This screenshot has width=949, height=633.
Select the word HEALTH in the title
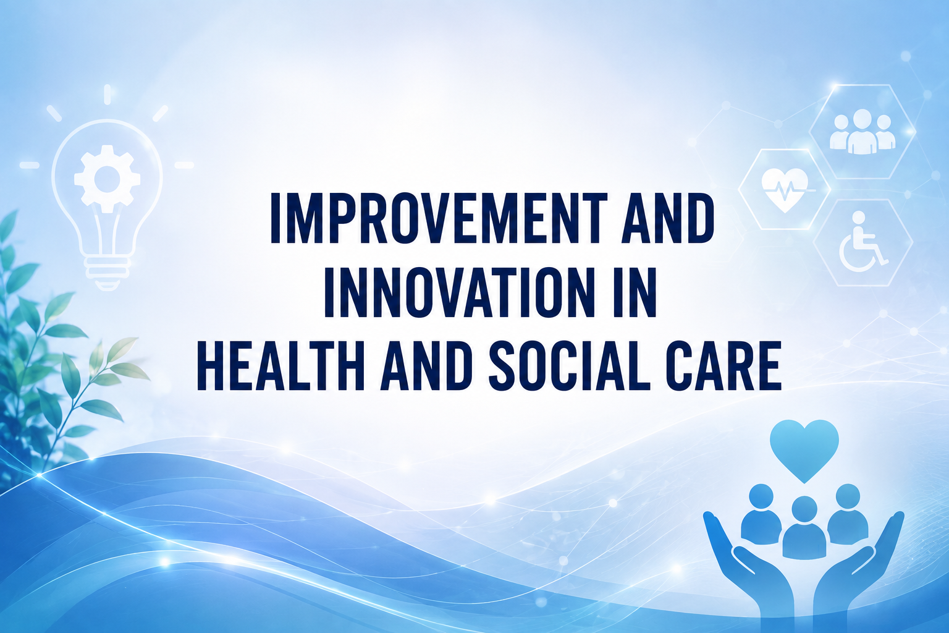(280, 365)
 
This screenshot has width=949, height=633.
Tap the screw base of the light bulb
(107, 271)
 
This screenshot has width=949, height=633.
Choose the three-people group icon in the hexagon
(863, 132)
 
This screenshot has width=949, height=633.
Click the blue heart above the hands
(804, 450)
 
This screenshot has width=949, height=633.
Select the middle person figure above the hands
(804, 527)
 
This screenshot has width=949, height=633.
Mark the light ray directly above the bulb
(107, 94)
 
